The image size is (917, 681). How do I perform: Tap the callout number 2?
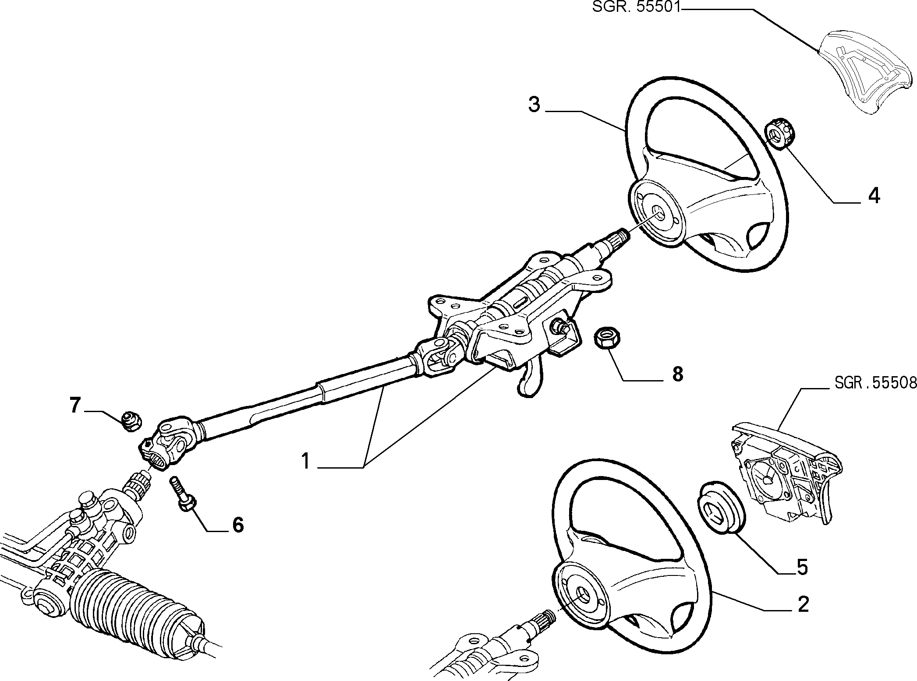[803, 604]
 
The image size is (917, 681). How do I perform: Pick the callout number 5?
[801, 567]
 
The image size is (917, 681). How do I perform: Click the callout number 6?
[237, 525]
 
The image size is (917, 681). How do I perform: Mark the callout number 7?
[75, 405]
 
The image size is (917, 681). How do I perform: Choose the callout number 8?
[677, 374]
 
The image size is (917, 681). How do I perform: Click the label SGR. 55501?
[636, 7]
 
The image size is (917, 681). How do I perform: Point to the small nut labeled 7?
[131, 421]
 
